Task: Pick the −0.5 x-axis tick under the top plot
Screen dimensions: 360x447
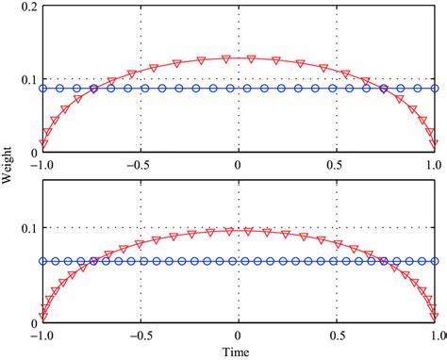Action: tap(140, 163)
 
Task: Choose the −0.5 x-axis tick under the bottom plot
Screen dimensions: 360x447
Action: tap(140, 335)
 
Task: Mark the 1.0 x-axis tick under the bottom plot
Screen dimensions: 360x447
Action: tap(434, 335)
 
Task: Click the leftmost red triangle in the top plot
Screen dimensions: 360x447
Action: tap(42, 143)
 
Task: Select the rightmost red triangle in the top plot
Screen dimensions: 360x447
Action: tap(434, 143)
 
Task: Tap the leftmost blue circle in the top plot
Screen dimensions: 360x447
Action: tap(42, 89)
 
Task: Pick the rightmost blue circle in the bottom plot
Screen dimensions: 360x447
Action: tap(434, 261)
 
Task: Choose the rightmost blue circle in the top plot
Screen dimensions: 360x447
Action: tap(434, 89)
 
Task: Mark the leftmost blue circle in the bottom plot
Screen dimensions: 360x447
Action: tap(42, 261)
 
